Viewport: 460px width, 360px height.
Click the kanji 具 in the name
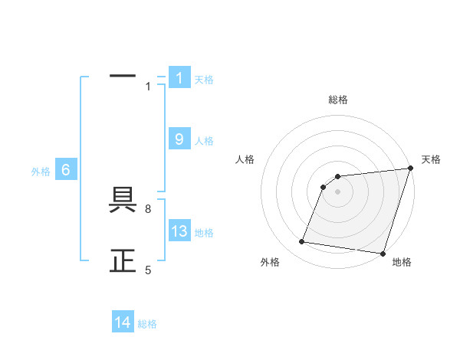[123, 201]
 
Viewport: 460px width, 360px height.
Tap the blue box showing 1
[179, 77]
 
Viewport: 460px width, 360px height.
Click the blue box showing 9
[179, 139]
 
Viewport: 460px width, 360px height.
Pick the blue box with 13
[179, 231]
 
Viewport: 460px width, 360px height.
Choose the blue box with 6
[66, 170]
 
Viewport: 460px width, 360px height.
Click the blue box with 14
[123, 322]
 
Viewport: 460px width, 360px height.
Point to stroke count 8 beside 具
[148, 208]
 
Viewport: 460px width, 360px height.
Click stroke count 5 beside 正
[148, 270]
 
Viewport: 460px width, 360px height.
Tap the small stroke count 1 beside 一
[148, 87]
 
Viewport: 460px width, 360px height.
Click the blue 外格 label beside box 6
[41, 172]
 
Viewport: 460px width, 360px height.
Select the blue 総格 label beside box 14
[147, 324]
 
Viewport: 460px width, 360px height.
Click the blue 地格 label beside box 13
[204, 233]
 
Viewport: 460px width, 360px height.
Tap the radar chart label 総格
[337, 100]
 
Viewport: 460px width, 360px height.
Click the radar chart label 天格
[431, 159]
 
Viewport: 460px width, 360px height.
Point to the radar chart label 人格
[245, 159]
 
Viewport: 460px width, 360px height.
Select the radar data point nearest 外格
[302, 242]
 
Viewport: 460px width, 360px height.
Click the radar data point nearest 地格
[383, 253]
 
